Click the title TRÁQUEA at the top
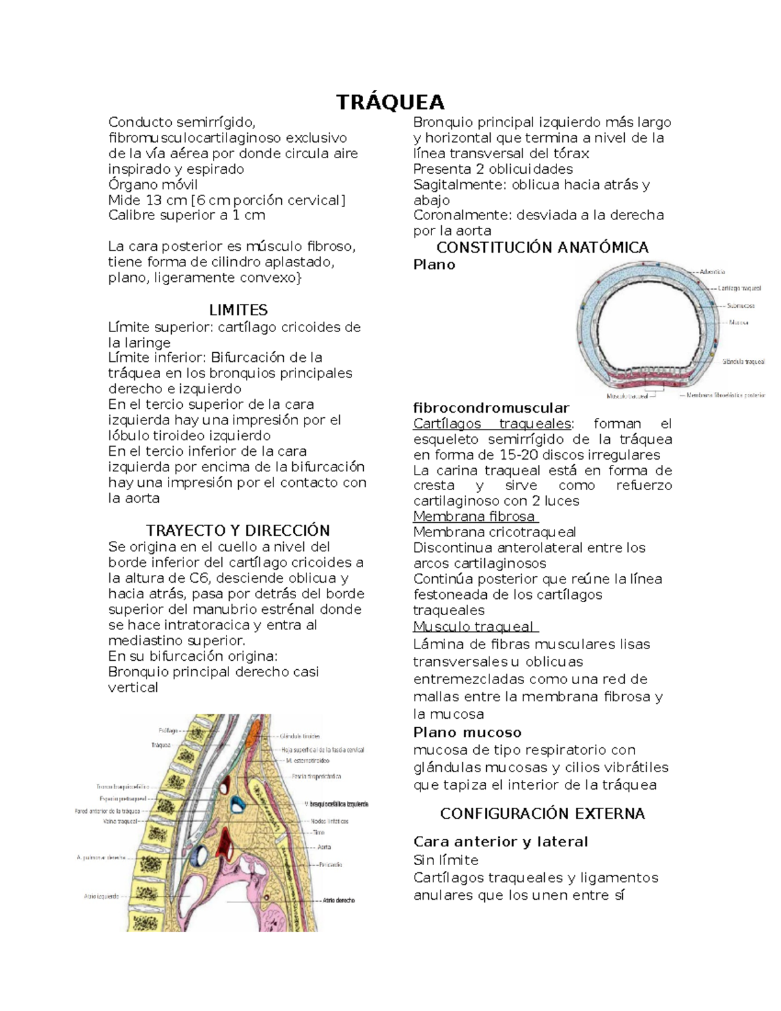(x=390, y=103)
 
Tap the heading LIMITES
(x=238, y=310)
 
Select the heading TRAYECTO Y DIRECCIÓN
(x=238, y=530)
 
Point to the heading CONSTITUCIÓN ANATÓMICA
(x=542, y=247)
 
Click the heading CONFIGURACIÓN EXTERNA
(x=542, y=813)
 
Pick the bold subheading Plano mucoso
(x=467, y=732)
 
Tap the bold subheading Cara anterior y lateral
(x=500, y=842)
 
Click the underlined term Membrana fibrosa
(x=474, y=516)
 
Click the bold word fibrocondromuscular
(x=491, y=408)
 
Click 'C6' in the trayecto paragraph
(x=199, y=578)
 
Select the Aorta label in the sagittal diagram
(x=323, y=847)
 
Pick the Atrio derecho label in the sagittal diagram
(x=339, y=900)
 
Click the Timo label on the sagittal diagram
(x=318, y=833)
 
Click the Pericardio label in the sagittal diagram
(x=330, y=865)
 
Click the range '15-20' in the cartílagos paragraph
(x=515, y=455)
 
